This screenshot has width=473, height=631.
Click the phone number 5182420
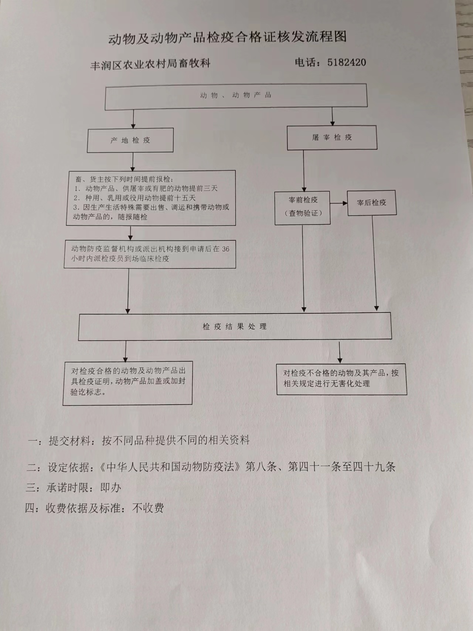pos(346,62)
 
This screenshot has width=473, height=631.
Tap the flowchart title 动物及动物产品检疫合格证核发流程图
pos(227,38)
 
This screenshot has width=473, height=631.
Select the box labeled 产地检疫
pos(130,140)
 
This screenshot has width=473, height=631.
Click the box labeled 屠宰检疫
pos(332,138)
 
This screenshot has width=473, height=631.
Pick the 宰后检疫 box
pos(371,203)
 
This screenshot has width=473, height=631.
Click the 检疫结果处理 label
pos(234,327)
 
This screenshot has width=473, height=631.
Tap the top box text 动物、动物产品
pos(236,95)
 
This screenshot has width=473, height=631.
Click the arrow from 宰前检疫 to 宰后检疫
pos(339,203)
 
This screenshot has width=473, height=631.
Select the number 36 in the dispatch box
pos(225,249)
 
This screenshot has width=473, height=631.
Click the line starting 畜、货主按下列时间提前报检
pos(124,179)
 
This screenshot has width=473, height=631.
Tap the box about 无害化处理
pos(341,378)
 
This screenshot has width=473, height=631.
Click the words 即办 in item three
pos(110,488)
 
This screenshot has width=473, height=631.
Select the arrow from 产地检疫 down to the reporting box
pos(133,161)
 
